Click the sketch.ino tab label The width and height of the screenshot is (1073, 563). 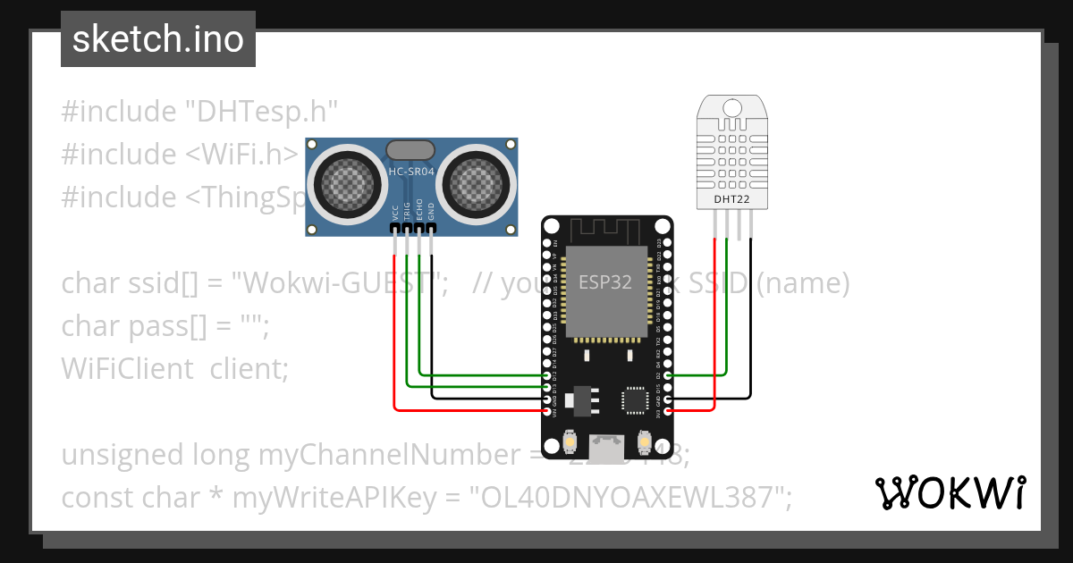pos(157,40)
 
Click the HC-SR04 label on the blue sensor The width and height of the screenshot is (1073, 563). pos(411,171)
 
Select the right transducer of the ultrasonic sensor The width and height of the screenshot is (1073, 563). pos(477,186)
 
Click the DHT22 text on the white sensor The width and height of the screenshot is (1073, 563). pos(731,198)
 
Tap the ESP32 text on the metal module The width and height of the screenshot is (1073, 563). pos(605,282)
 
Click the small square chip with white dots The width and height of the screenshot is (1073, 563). pos(637,399)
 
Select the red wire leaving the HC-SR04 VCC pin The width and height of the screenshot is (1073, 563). pos(395,322)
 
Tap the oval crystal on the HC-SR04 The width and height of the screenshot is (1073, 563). pos(411,149)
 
